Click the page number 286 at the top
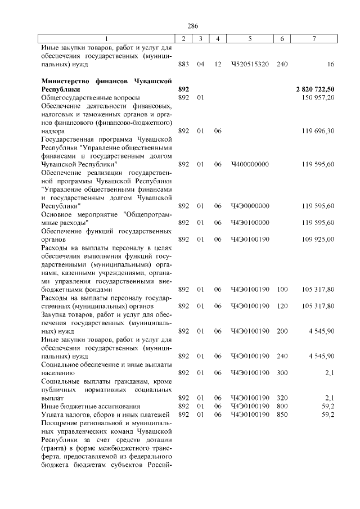(193, 26)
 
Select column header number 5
(250, 38)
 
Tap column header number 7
(314, 38)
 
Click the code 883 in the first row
(183, 65)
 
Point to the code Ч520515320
(250, 65)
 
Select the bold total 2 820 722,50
(315, 89)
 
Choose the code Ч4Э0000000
(250, 206)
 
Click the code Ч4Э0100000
(250, 222)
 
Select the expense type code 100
(282, 289)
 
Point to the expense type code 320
(282, 398)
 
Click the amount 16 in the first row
(331, 65)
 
